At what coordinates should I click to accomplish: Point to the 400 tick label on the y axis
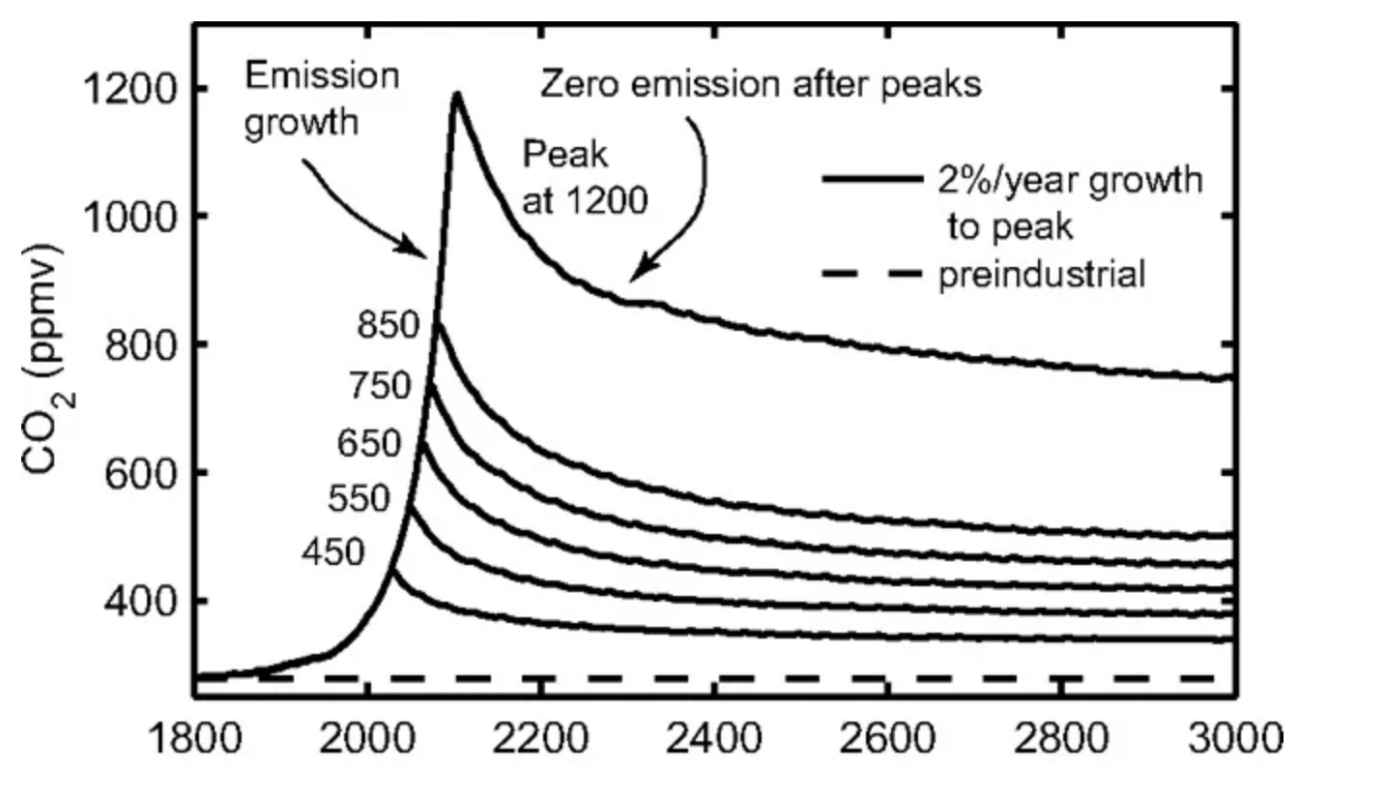click(134, 602)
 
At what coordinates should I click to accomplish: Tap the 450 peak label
click(332, 552)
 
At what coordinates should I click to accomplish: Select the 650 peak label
click(368, 444)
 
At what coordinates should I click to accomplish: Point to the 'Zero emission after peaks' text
click(760, 85)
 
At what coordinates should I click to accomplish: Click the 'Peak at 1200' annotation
click(584, 176)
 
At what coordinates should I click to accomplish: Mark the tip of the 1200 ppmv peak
click(455, 94)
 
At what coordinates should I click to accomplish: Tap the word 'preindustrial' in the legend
click(1042, 276)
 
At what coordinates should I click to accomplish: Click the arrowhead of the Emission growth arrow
click(422, 252)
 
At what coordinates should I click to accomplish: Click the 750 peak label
click(380, 386)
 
